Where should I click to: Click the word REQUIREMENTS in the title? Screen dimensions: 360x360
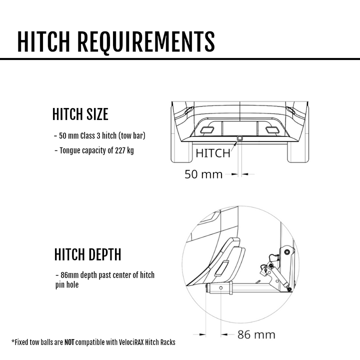[x=146, y=41]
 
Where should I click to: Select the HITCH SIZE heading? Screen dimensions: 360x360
[x=80, y=114]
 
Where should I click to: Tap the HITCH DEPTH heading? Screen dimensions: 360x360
[x=87, y=254]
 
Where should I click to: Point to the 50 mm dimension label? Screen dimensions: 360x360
[x=203, y=174]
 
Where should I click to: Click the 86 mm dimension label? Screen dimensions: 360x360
[x=256, y=334]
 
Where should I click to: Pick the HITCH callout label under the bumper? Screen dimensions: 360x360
[x=213, y=153]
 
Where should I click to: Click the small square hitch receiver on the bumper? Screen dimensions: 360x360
[x=240, y=137]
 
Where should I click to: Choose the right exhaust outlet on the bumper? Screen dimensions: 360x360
[x=272, y=130]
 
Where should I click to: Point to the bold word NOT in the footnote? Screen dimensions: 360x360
[x=70, y=342]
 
